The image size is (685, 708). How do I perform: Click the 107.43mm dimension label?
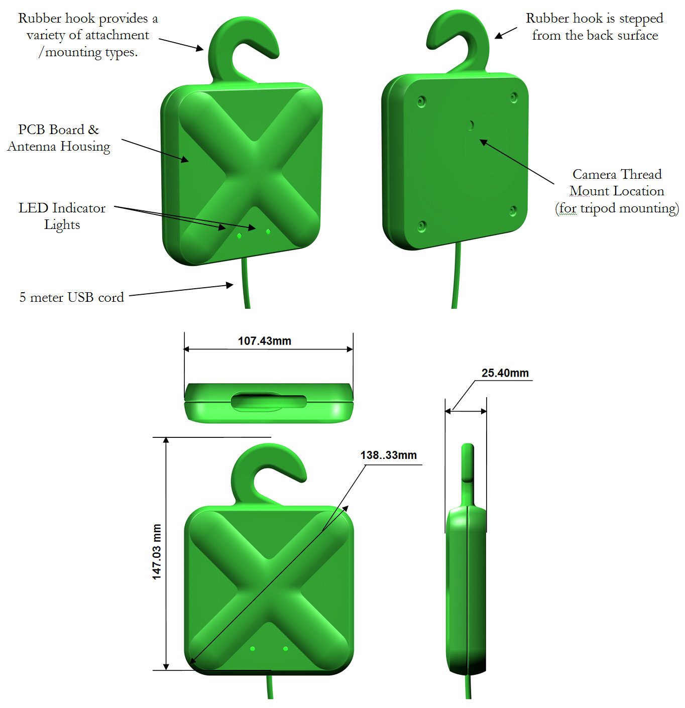[265, 341]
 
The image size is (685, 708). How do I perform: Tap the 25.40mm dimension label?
[505, 373]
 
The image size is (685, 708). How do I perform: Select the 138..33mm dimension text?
[389, 455]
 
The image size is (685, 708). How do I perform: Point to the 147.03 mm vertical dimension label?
[157, 551]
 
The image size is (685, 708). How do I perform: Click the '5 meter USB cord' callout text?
[72, 297]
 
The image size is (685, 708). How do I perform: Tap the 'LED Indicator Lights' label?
[62, 216]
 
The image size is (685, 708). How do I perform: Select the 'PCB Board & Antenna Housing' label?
[59, 138]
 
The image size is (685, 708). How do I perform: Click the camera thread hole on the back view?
[471, 125]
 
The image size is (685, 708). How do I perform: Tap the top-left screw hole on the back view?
[421, 101]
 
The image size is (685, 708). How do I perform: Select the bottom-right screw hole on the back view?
[513, 211]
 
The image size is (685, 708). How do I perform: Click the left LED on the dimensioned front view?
[253, 648]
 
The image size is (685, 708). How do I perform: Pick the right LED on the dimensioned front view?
[285, 648]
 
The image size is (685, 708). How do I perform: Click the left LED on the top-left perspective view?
[239, 236]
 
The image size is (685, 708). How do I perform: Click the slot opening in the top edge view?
[269, 402]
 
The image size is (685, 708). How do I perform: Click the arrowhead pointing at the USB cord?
[230, 285]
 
